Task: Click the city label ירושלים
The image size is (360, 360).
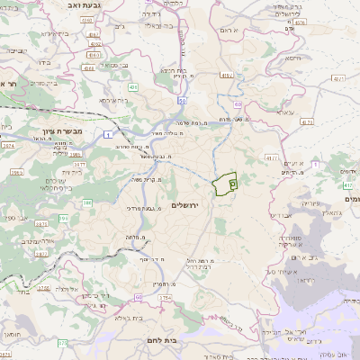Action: click(188, 206)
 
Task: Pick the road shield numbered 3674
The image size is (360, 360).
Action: click(8, 144)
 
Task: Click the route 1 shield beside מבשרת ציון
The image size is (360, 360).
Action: click(108, 134)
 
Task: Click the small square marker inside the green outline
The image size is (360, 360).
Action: click(232, 184)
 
